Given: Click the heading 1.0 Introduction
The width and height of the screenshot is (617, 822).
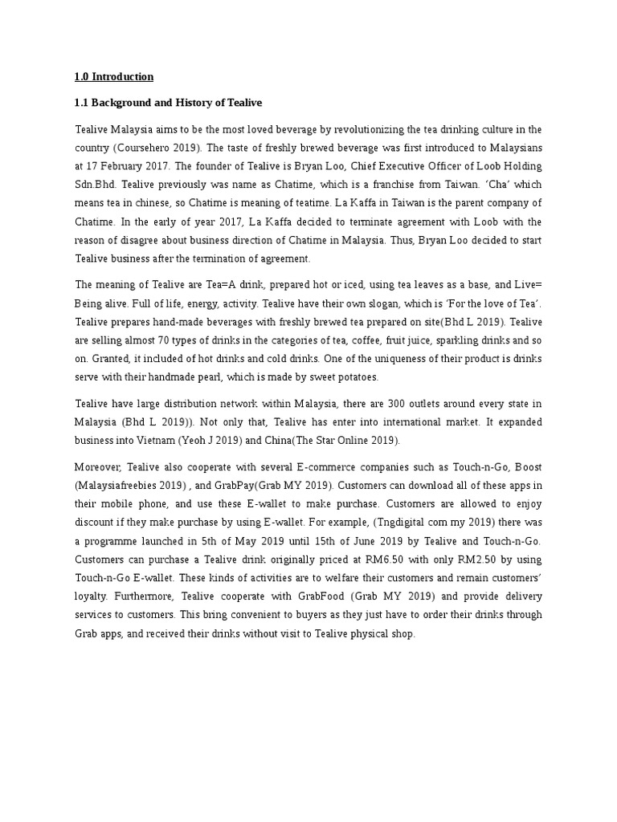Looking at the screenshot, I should [x=113, y=77].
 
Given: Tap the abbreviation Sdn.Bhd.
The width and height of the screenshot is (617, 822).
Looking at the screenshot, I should [x=95, y=184].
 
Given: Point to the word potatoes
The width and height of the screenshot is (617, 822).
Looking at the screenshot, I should [x=353, y=376].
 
